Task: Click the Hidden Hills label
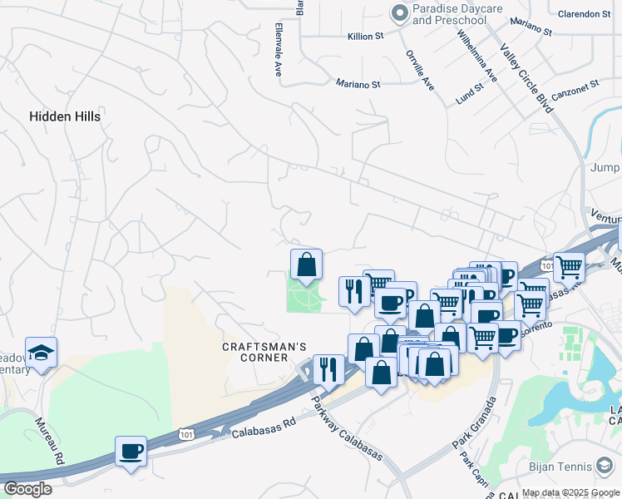pyautogui.click(x=65, y=116)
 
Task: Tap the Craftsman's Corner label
pyautogui.click(x=265, y=352)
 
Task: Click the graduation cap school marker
pyautogui.click(x=41, y=353)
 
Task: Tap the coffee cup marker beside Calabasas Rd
pyautogui.click(x=131, y=452)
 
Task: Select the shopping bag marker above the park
pyautogui.click(x=306, y=264)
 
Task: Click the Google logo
pyautogui.click(x=27, y=489)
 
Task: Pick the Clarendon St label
pyautogui.click(x=584, y=14)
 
